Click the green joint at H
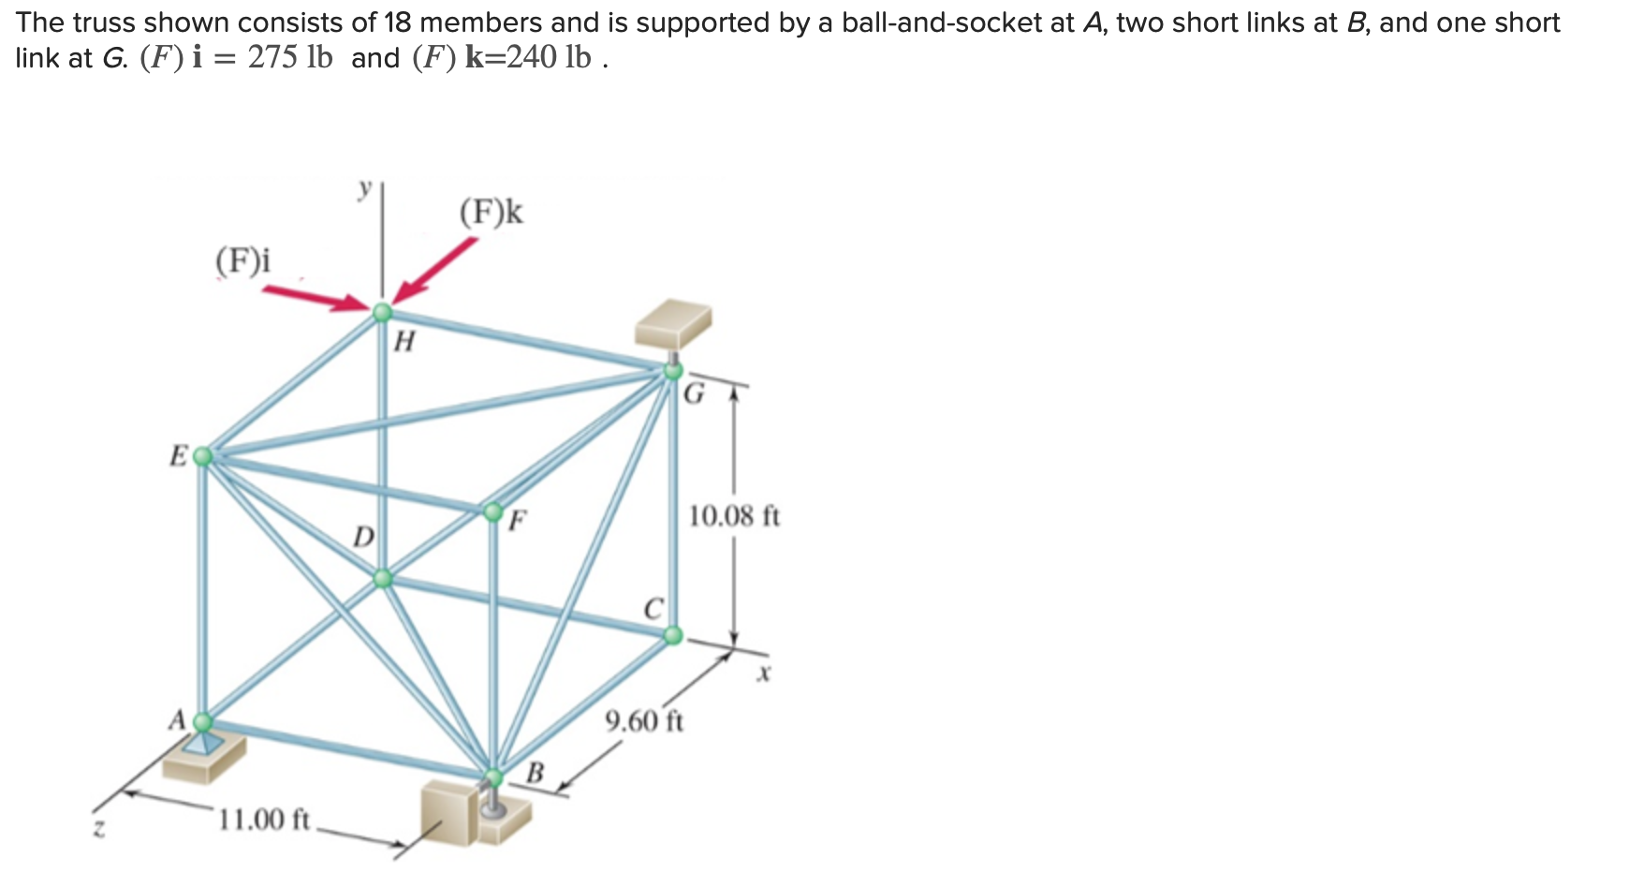[382, 312]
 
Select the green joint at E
[202, 456]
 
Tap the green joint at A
[202, 721]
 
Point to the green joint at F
[492, 511]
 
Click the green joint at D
[382, 578]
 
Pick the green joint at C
[672, 636]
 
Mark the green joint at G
[672, 371]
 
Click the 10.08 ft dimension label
[734, 516]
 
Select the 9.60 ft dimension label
[644, 721]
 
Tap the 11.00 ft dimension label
[263, 820]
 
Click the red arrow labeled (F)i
[315, 298]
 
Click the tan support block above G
[673, 322]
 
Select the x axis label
[764, 673]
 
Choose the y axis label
[365, 188]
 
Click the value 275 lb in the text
[290, 58]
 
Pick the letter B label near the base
[535, 773]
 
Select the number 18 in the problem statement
[398, 22]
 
